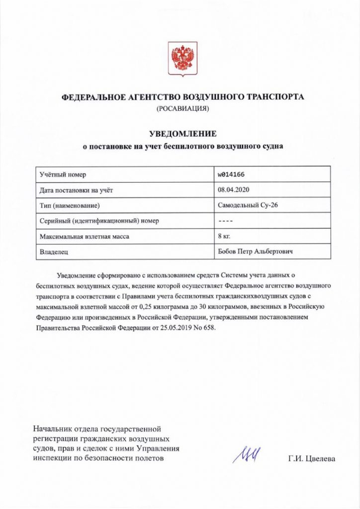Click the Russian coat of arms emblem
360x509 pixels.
coord(182,58)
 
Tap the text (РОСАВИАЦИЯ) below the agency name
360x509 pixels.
coord(182,108)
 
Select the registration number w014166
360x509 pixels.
coord(232,174)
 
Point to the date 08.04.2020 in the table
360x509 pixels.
coord(233,190)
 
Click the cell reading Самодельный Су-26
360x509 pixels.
coord(245,205)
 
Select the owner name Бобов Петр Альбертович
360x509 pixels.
coord(255,252)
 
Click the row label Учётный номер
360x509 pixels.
coord(63,174)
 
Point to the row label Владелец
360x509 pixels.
coord(54,252)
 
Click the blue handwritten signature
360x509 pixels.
coord(248,453)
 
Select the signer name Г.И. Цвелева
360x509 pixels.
coord(311,458)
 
